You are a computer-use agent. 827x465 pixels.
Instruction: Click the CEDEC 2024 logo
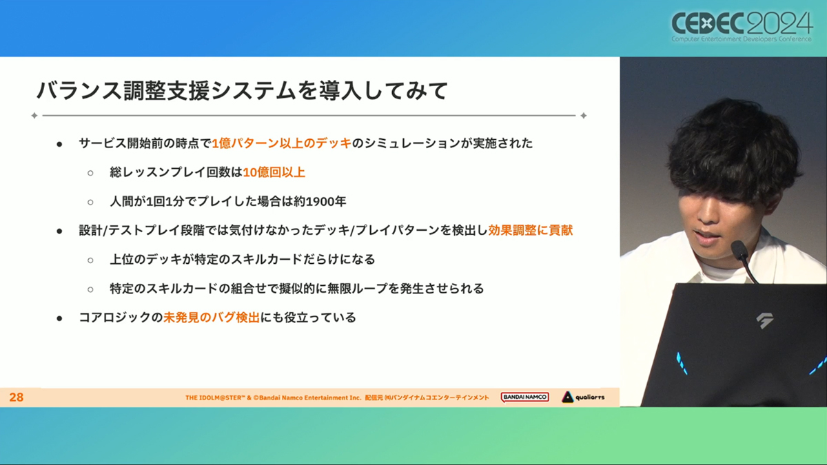(x=742, y=27)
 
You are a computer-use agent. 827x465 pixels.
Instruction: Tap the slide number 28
(x=17, y=397)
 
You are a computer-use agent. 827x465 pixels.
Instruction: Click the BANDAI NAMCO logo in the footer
(x=524, y=397)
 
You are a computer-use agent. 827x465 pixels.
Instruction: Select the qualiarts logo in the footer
(x=583, y=397)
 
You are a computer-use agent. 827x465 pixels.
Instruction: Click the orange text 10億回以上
(x=274, y=172)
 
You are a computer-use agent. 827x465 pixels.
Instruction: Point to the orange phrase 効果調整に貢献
(x=530, y=230)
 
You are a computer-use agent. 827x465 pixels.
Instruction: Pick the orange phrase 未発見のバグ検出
(x=212, y=318)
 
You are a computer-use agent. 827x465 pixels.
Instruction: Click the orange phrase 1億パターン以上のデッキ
(x=281, y=143)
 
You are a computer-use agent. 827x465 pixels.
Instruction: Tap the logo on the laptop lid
(x=764, y=320)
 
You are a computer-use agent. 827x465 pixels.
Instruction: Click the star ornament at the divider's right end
(x=584, y=116)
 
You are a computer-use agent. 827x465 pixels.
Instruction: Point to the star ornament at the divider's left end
(x=34, y=116)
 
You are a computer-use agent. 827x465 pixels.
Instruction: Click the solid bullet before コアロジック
(x=59, y=318)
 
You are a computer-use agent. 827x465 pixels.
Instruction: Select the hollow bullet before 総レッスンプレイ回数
(x=90, y=173)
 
